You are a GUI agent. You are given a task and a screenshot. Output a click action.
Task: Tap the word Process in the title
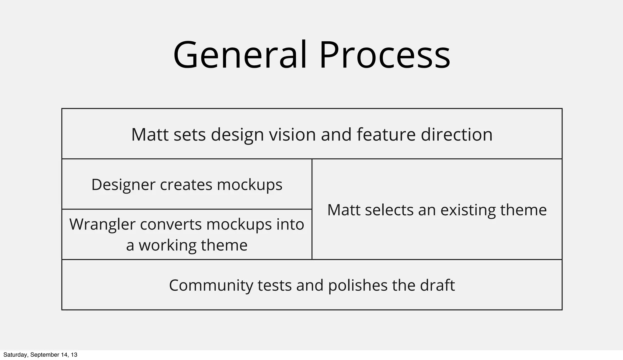pyautogui.click(x=384, y=55)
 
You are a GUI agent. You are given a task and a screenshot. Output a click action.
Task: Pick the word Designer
pyautogui.click(x=123, y=185)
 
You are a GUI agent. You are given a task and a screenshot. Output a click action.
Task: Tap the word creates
pyautogui.click(x=186, y=185)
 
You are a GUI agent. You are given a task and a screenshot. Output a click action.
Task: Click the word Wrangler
pyautogui.click(x=102, y=224)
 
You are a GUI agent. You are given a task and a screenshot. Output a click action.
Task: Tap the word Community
pyautogui.click(x=211, y=286)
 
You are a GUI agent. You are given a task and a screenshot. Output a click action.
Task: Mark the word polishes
pyautogui.click(x=357, y=286)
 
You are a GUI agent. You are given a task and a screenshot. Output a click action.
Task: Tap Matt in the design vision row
pyautogui.click(x=150, y=134)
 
